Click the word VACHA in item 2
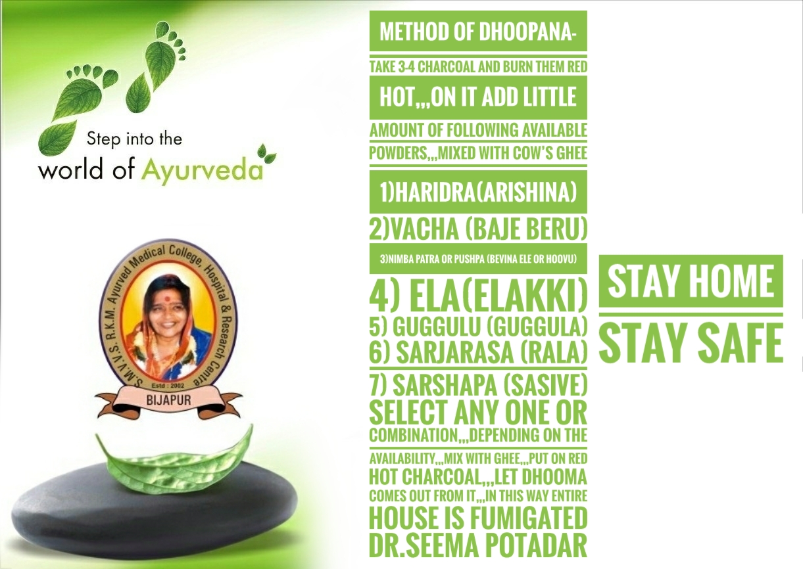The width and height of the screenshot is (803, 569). (425, 229)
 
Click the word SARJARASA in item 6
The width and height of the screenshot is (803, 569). (454, 352)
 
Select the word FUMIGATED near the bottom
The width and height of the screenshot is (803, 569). (528, 518)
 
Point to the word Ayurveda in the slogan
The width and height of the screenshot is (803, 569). (203, 170)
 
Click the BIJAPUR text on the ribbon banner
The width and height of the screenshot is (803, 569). (169, 399)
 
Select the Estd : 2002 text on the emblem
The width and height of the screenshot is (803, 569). (168, 386)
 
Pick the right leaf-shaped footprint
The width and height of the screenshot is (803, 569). (156, 62)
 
